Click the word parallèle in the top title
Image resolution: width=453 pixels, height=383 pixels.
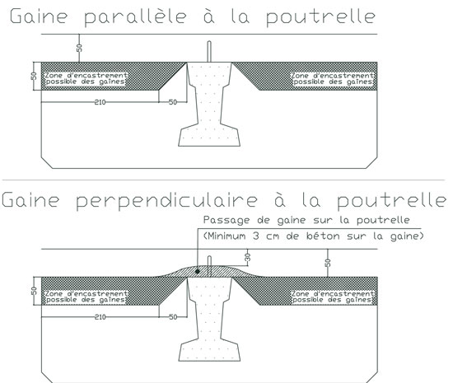pyautogui.click(x=136, y=17)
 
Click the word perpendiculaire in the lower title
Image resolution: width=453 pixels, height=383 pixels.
pyautogui.click(x=166, y=201)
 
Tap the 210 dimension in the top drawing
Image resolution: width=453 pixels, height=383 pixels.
pyautogui.click(x=100, y=102)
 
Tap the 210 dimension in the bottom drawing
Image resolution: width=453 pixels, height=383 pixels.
pyautogui.click(x=100, y=317)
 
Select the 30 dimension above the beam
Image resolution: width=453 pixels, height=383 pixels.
pyautogui.click(x=248, y=257)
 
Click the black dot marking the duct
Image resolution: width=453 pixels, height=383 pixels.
pyautogui.click(x=198, y=272)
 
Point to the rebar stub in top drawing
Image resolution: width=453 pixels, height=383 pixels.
pyautogui.click(x=209, y=51)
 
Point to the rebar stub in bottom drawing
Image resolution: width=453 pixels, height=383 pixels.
pyautogui.click(x=210, y=266)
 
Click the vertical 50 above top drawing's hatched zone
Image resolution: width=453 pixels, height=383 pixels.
pyautogui.click(x=79, y=48)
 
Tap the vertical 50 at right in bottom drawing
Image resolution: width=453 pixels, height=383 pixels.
pyautogui.click(x=328, y=263)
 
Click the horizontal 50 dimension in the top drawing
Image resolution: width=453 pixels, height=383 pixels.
pyautogui.click(x=173, y=102)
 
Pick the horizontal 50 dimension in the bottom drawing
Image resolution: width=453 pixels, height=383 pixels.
pyautogui.click(x=173, y=317)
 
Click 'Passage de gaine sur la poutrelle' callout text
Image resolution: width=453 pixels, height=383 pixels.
pyautogui.click(x=306, y=221)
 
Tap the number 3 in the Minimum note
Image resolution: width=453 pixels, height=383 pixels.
pyautogui.click(x=256, y=236)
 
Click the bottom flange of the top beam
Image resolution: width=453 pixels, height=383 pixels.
pyautogui.click(x=209, y=135)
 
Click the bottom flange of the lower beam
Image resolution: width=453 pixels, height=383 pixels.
pyautogui.click(x=209, y=350)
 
